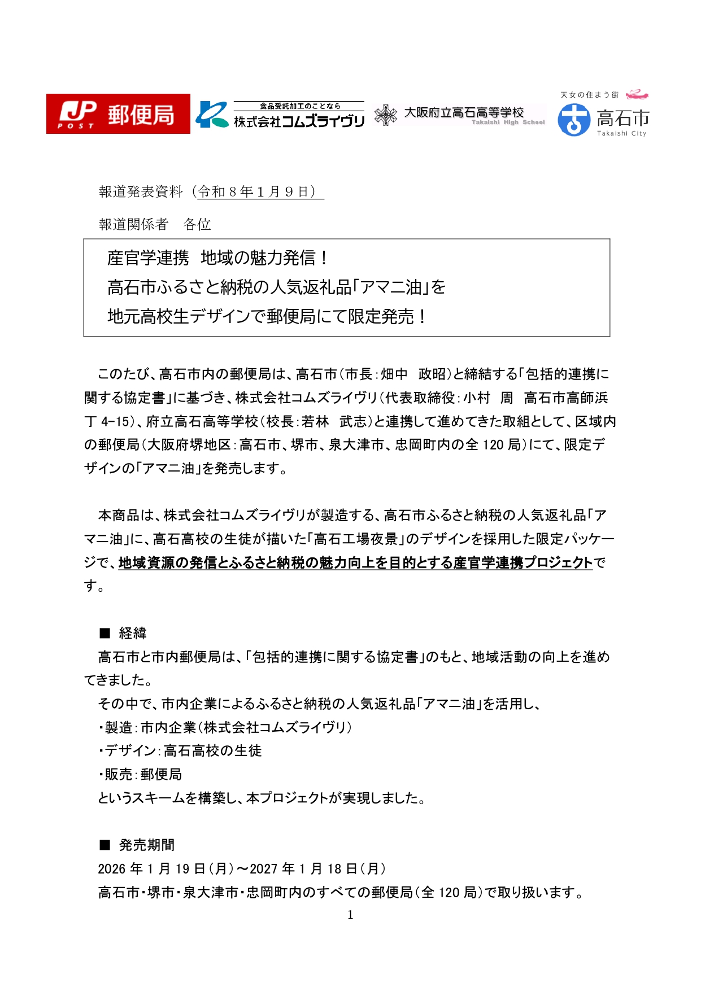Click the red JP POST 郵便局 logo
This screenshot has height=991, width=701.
[118, 114]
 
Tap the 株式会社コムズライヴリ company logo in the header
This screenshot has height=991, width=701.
[280, 115]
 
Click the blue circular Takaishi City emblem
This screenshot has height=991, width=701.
[573, 120]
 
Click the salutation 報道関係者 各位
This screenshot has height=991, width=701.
[155, 225]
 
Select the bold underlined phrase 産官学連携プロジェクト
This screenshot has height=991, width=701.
[523, 563]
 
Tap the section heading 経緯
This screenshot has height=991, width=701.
[133, 634]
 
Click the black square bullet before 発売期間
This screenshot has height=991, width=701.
[105, 845]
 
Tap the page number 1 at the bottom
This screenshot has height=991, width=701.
[350, 915]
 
